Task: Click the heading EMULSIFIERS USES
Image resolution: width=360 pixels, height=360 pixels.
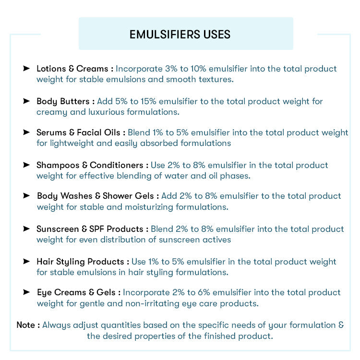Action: coord(180,35)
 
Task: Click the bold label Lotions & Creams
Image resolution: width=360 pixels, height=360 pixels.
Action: coord(72,69)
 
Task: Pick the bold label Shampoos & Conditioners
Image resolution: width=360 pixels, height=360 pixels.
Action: coord(90,165)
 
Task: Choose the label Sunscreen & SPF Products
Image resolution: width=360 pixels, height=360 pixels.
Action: coord(90,229)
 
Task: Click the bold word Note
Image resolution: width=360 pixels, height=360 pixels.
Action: coord(26,325)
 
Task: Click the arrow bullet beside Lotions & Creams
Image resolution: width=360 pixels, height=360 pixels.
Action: coord(26,69)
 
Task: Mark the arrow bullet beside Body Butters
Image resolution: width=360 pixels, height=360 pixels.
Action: coord(26,101)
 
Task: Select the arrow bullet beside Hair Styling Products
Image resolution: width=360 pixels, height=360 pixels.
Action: coord(26,262)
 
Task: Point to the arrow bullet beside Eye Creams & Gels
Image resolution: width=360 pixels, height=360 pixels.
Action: coord(26,292)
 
